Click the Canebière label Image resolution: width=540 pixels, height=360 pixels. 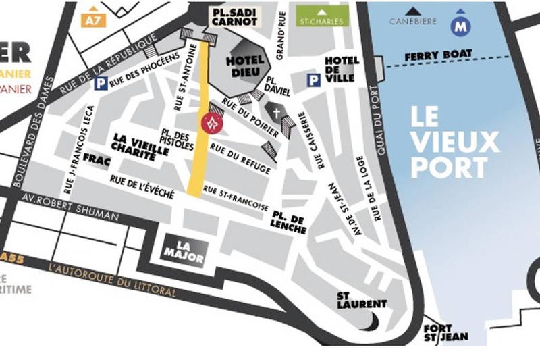(x=413, y=21)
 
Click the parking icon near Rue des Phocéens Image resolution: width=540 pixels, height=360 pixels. (x=101, y=84)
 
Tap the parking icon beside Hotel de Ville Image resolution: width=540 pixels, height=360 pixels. (x=313, y=80)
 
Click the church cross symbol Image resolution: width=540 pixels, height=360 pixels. (x=276, y=111)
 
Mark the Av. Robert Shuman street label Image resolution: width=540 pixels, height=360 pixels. (x=70, y=208)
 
